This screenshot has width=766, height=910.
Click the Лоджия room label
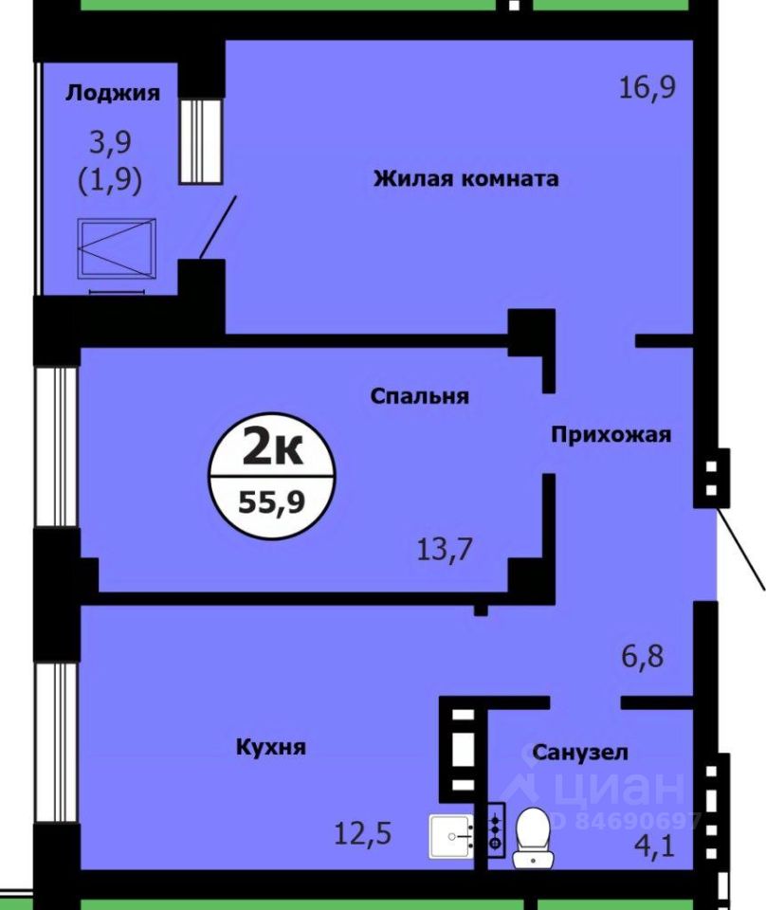[x=112, y=93]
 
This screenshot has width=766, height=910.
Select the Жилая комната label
[x=465, y=178]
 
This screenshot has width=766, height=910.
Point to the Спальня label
[x=419, y=396]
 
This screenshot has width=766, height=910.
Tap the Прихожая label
[x=611, y=435]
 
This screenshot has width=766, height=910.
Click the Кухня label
[x=271, y=747]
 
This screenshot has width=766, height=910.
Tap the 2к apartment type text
[x=273, y=447]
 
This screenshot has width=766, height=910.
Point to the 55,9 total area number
[x=272, y=500]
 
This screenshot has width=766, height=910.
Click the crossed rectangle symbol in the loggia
[x=118, y=248]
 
